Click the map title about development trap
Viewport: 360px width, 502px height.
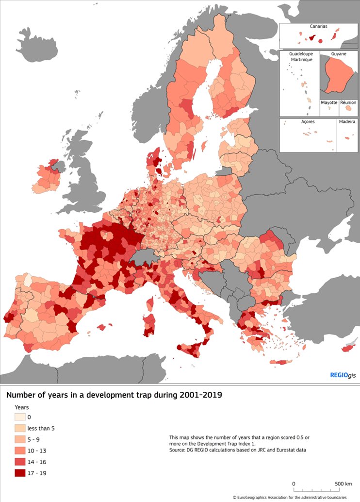(114, 395)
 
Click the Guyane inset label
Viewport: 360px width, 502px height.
(339, 54)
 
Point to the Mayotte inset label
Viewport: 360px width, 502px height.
(328, 102)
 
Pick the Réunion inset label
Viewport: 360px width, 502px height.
(348, 102)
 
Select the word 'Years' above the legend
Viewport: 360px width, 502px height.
(22, 406)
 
